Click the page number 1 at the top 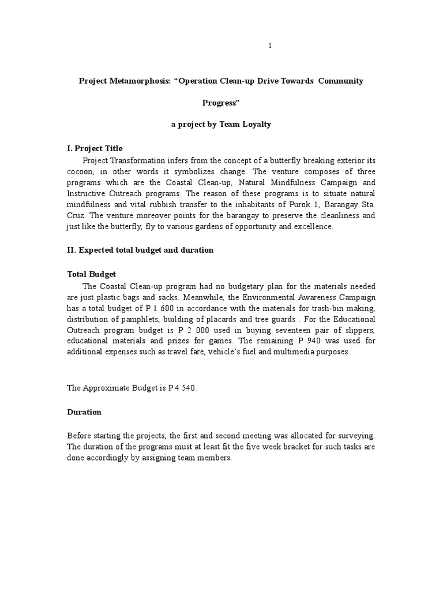[270, 46]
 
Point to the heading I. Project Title [95, 148]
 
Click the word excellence [312, 226]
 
